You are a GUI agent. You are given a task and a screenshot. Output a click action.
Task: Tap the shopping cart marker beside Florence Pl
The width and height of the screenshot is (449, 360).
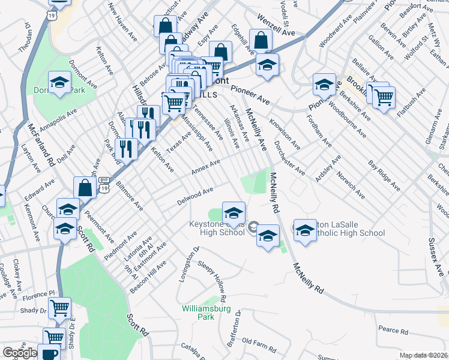59,308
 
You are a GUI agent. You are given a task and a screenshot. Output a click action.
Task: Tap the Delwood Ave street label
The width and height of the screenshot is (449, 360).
196,196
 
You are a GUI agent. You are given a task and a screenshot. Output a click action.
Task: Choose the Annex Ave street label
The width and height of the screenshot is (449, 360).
206,167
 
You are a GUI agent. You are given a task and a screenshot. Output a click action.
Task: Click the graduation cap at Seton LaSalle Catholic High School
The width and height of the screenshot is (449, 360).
304,229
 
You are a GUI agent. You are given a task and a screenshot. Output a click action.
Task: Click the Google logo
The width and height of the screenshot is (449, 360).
20,352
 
